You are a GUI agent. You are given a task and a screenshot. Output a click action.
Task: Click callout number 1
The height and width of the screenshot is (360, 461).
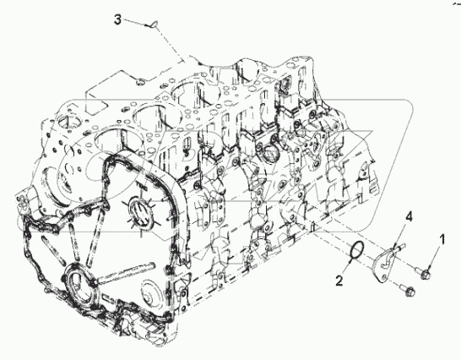tap(440, 240)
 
